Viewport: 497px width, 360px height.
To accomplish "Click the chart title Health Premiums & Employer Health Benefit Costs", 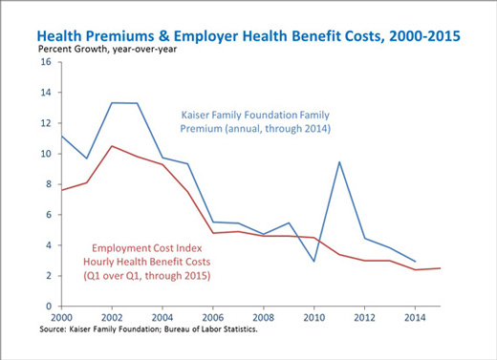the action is point(248,36).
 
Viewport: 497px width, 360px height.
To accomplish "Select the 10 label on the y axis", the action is point(46,154).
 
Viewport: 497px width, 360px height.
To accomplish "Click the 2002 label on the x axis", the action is point(112,317).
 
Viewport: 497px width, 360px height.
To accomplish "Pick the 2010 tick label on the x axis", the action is point(314,317).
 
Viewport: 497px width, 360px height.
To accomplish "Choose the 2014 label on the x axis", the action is point(415,317).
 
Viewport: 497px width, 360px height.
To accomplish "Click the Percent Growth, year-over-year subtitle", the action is point(107,50).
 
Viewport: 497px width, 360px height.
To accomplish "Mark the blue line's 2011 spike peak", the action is point(339,161).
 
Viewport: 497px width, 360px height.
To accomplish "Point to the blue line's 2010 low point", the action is point(314,262).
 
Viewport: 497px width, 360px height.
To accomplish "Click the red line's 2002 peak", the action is point(112,146).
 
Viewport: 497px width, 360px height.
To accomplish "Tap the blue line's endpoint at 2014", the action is point(415,262).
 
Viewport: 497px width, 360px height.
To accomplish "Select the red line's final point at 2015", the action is point(440,268).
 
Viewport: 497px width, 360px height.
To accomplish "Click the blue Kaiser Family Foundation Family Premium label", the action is point(255,121).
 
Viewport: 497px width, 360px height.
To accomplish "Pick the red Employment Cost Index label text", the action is point(147,262).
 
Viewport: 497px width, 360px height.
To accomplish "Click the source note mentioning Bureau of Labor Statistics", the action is point(148,329).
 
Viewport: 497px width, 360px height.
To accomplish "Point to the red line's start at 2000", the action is point(61,190).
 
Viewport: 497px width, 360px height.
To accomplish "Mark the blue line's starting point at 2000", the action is point(61,136).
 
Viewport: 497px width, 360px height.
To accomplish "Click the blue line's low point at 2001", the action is point(86,159).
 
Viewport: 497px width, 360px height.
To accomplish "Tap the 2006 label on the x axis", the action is point(213,317).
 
